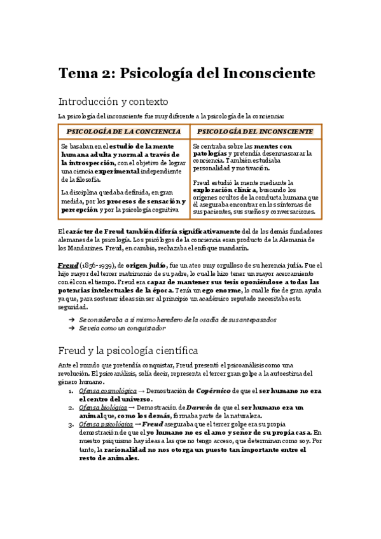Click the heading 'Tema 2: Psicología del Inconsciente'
[x=186, y=73]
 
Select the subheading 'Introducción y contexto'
[x=113, y=101]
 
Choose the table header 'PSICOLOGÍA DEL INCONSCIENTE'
[x=254, y=131]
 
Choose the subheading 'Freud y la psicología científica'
[x=128, y=350]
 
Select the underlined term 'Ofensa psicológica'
[x=102, y=423]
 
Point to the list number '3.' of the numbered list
[x=71, y=423]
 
